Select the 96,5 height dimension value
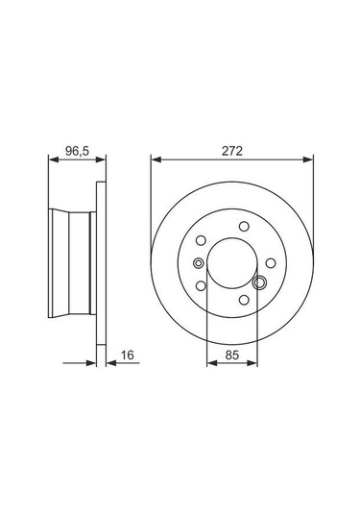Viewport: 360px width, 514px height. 72,151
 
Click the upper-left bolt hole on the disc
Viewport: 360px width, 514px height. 202,242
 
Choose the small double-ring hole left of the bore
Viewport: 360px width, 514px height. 198,263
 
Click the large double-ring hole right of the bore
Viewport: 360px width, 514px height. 259,282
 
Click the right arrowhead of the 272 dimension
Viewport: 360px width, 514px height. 310,160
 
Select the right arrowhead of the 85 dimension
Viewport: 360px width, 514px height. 255,364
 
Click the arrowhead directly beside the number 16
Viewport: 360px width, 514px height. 108,364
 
